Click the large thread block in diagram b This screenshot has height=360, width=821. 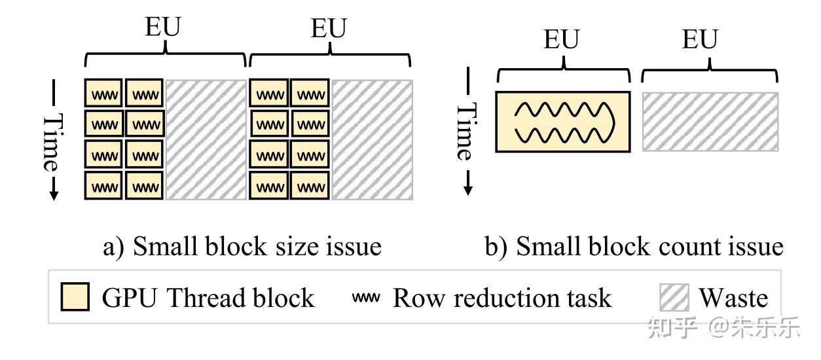(x=563, y=122)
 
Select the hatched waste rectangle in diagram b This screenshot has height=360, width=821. (x=710, y=122)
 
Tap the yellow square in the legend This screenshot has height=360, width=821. (x=75, y=298)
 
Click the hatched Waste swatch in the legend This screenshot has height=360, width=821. (x=674, y=298)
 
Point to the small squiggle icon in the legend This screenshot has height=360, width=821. (x=366, y=298)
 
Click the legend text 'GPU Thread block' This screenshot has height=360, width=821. (x=208, y=298)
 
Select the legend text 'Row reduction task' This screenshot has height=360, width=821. (x=502, y=298)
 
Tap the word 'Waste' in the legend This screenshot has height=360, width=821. (x=733, y=298)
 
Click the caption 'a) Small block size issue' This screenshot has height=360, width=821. (x=242, y=247)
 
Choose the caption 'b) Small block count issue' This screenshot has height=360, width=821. (x=633, y=247)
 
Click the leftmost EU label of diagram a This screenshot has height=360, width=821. (x=162, y=27)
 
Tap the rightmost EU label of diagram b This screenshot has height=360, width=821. (x=700, y=39)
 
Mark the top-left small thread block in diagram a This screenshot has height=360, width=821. (x=103, y=94)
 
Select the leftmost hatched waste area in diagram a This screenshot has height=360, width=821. (x=206, y=139)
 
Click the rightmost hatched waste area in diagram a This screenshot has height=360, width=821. (x=372, y=139)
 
